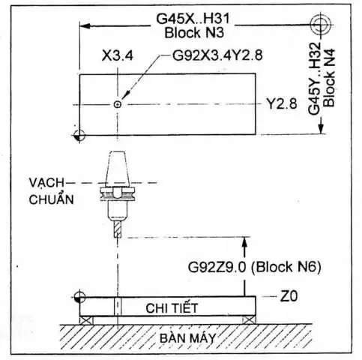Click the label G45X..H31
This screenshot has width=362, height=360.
pyautogui.click(x=193, y=19)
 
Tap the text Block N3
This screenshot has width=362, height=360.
pyautogui.click(x=194, y=33)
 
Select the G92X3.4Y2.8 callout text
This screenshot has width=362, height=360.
pyautogui.click(x=217, y=55)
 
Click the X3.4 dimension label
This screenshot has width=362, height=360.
pyautogui.click(x=118, y=55)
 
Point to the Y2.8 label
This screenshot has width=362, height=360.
pyautogui.click(x=282, y=103)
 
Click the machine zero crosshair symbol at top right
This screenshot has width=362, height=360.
pyautogui.click(x=321, y=25)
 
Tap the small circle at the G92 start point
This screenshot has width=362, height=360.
pyautogui.click(x=118, y=104)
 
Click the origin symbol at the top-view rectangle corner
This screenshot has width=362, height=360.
pyautogui.click(x=79, y=136)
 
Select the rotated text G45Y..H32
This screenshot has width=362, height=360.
pyautogui.click(x=314, y=79)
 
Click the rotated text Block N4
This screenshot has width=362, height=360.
pyautogui.click(x=329, y=78)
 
